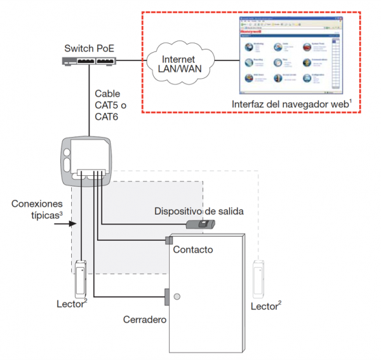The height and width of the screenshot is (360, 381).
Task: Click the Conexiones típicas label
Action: tap(37, 209)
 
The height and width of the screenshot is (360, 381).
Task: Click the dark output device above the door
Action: tap(200, 224)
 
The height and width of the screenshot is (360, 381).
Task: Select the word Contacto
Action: tap(193, 250)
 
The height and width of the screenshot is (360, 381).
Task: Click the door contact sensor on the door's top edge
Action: tap(169, 240)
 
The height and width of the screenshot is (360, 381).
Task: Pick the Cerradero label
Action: tap(145, 319)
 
